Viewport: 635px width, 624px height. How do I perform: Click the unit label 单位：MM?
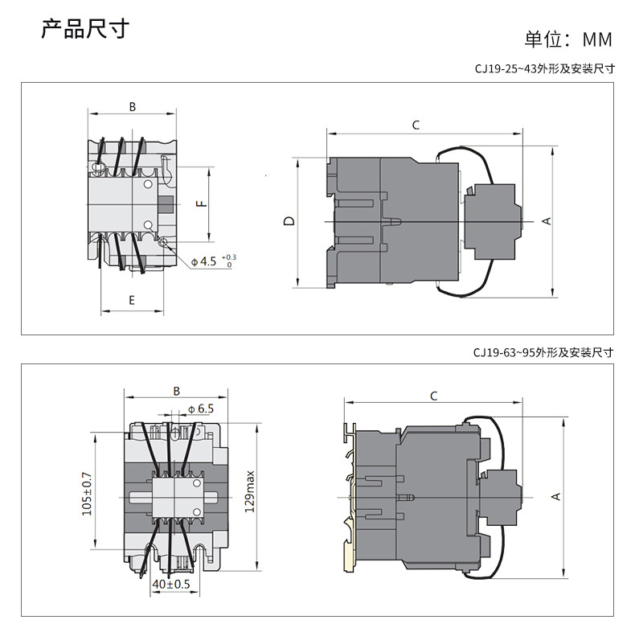pyautogui.click(x=568, y=39)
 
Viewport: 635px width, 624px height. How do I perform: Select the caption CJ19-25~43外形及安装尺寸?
pyautogui.click(x=544, y=69)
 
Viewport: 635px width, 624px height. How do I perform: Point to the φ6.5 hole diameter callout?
pyautogui.click(x=200, y=408)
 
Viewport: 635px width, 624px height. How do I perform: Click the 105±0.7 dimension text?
pyautogui.click(x=87, y=493)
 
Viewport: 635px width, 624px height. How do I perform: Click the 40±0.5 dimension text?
pyautogui.click(x=170, y=584)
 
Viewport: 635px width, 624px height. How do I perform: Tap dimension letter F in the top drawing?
pyautogui.click(x=202, y=204)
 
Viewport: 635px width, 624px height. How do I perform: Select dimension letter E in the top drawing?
pyautogui.click(x=132, y=300)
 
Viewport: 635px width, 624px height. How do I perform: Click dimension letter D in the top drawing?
pyautogui.click(x=289, y=221)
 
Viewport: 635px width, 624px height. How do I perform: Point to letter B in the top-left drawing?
pyautogui.click(x=132, y=106)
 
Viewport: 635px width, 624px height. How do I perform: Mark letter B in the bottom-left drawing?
pyautogui.click(x=176, y=392)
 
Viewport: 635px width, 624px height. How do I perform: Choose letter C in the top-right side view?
pyautogui.click(x=416, y=125)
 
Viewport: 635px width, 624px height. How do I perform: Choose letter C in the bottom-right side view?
pyautogui.click(x=433, y=396)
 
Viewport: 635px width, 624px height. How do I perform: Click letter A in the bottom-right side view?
pyautogui.click(x=555, y=497)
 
